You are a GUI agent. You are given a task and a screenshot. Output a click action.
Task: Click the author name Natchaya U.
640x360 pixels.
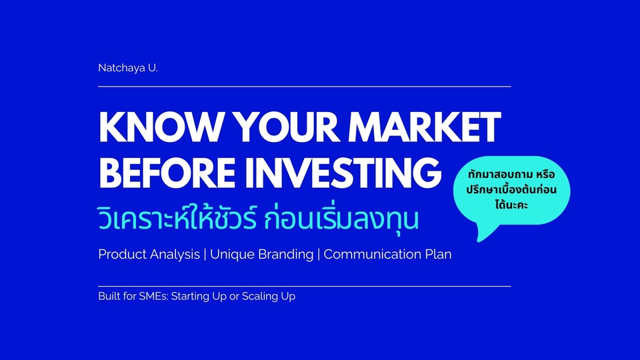pyautogui.click(x=128, y=68)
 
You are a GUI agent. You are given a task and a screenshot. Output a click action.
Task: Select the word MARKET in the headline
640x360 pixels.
pyautogui.click(x=425, y=127)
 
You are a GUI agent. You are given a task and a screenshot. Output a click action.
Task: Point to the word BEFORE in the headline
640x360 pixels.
pyautogui.click(x=167, y=173)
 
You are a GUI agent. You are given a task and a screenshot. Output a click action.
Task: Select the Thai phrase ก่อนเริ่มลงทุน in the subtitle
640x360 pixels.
pyautogui.click(x=341, y=219)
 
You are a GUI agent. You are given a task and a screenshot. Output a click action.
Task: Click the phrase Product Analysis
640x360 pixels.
pyautogui.click(x=149, y=254)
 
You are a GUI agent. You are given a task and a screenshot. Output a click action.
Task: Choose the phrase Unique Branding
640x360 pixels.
pyautogui.click(x=261, y=254)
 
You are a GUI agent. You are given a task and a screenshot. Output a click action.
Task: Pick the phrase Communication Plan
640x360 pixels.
pyautogui.click(x=387, y=254)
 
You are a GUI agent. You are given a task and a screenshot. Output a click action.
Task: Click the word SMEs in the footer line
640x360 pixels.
pyautogui.click(x=153, y=296)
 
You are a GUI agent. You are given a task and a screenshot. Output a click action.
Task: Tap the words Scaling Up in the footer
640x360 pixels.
pyautogui.click(x=269, y=296)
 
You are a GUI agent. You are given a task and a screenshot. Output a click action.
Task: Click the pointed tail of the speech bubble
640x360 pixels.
pyautogui.click(x=479, y=241)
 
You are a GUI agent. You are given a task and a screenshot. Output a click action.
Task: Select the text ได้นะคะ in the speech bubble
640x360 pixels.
pyautogui.click(x=511, y=205)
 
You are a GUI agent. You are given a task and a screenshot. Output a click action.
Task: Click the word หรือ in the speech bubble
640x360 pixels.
pyautogui.click(x=546, y=174)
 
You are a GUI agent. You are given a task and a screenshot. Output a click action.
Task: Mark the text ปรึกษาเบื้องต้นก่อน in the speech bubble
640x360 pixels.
pyautogui.click(x=511, y=190)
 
